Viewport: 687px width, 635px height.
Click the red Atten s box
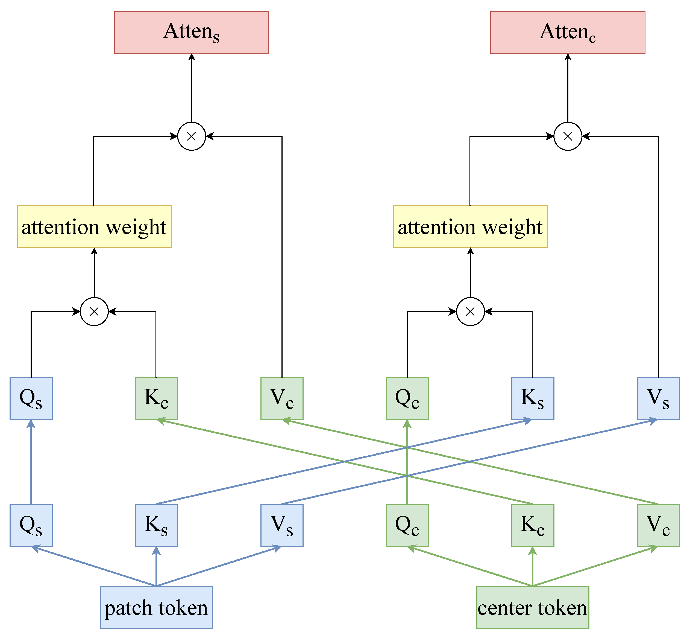[192, 32]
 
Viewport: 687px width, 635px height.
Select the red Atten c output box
[568, 32]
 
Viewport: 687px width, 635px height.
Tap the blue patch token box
[156, 607]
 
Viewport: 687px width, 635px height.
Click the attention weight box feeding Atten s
[94, 227]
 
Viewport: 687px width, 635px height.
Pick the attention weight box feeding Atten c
[470, 227]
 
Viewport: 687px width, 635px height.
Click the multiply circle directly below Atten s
[192, 136]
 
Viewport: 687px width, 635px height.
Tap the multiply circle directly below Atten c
[568, 136]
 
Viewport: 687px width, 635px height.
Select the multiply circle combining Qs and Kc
[94, 312]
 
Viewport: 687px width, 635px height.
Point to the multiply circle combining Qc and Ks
[470, 312]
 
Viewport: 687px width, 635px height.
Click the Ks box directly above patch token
[156, 525]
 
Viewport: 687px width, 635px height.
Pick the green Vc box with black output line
[282, 399]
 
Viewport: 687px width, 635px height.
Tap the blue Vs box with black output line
[658, 399]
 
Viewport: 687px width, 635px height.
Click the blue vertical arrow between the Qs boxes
[31, 462]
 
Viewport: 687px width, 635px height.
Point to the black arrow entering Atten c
[568, 88]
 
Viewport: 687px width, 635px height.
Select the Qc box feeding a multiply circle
[407, 399]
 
